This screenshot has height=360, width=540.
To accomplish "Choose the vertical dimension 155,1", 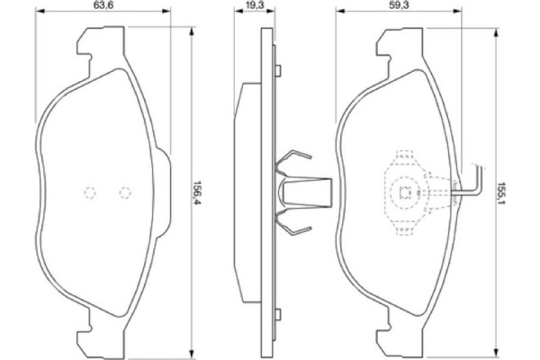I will [500, 192].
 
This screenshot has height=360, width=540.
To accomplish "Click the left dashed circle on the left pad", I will [89, 192].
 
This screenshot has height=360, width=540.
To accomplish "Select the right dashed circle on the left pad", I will [125, 192].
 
